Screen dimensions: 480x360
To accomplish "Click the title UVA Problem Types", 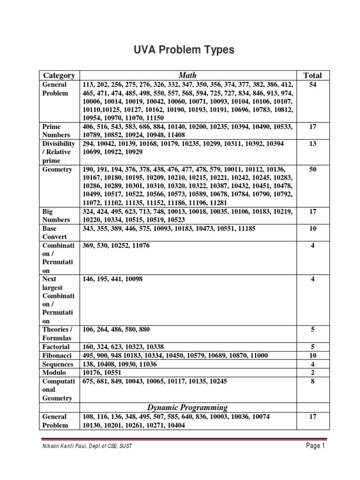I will point(180,50).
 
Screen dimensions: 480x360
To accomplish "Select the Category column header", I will point(59,75).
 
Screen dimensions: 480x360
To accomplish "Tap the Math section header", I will point(187,75).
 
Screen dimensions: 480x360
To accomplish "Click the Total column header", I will point(313,75).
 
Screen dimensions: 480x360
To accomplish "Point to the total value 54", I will point(313,85).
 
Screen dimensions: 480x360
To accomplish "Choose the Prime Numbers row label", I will point(55,131).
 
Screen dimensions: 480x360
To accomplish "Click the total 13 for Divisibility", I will point(313,143).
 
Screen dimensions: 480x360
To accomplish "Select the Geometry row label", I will point(57,169).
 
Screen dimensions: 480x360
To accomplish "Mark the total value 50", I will point(313,169).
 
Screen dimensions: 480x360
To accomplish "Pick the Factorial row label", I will point(56,347).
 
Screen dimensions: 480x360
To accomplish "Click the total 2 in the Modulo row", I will point(313,373).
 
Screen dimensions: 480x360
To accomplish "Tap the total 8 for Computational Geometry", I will point(313,382).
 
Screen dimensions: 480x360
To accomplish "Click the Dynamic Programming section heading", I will point(187,407).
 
